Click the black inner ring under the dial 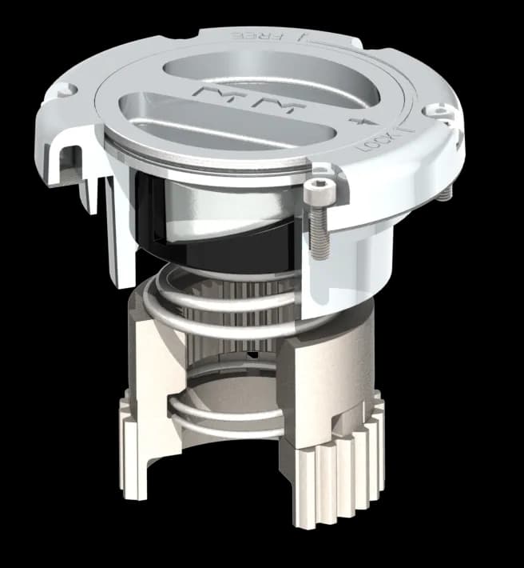pyautogui.click(x=216, y=240)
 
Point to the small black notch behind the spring pyautogui.click(x=252, y=353)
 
